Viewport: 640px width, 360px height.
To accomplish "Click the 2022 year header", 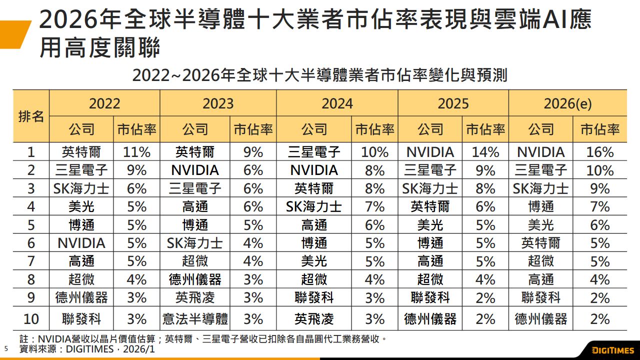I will [104, 103].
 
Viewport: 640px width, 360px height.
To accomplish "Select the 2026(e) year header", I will [567, 103].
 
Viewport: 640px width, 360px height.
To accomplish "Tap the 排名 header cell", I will [31, 117].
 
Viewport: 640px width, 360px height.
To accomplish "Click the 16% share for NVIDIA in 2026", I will [600, 152].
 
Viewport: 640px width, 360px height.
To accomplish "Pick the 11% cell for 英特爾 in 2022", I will [136, 152].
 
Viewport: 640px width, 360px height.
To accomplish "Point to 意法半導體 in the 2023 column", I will [195, 318].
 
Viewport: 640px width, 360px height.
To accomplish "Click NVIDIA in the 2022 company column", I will [81, 243].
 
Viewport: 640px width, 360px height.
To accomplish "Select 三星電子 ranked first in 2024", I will [314, 152].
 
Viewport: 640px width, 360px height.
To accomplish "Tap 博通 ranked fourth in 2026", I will [541, 206].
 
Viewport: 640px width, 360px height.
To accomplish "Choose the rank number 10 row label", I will [31, 318].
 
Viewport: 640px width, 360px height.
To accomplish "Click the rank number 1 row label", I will [31, 152].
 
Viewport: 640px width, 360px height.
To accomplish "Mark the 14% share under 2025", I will [485, 152].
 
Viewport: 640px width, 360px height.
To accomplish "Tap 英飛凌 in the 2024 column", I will [314, 318].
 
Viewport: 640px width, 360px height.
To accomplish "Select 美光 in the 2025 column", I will [430, 225].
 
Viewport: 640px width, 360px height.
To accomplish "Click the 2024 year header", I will [337, 103].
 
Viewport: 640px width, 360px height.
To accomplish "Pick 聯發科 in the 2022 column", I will [81, 318].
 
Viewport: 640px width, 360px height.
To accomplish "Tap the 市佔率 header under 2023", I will [253, 130].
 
